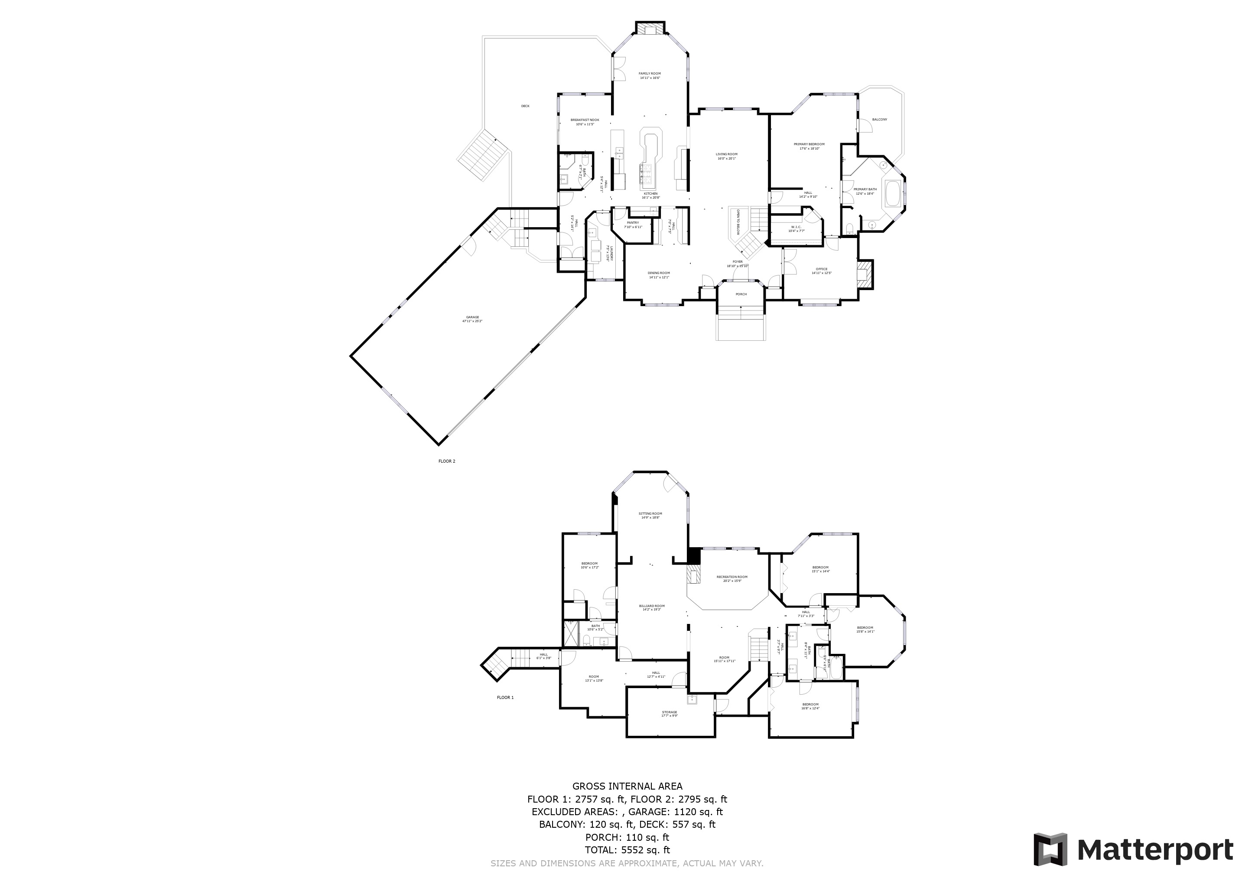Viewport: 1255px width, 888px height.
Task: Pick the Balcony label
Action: coord(879,119)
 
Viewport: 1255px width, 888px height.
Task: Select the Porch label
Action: coord(741,294)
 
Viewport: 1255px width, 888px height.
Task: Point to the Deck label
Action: coord(525,106)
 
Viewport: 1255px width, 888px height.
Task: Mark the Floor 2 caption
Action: coord(447,461)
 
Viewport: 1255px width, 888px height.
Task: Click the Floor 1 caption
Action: coord(505,697)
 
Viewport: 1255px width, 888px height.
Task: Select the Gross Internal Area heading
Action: coord(627,786)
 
